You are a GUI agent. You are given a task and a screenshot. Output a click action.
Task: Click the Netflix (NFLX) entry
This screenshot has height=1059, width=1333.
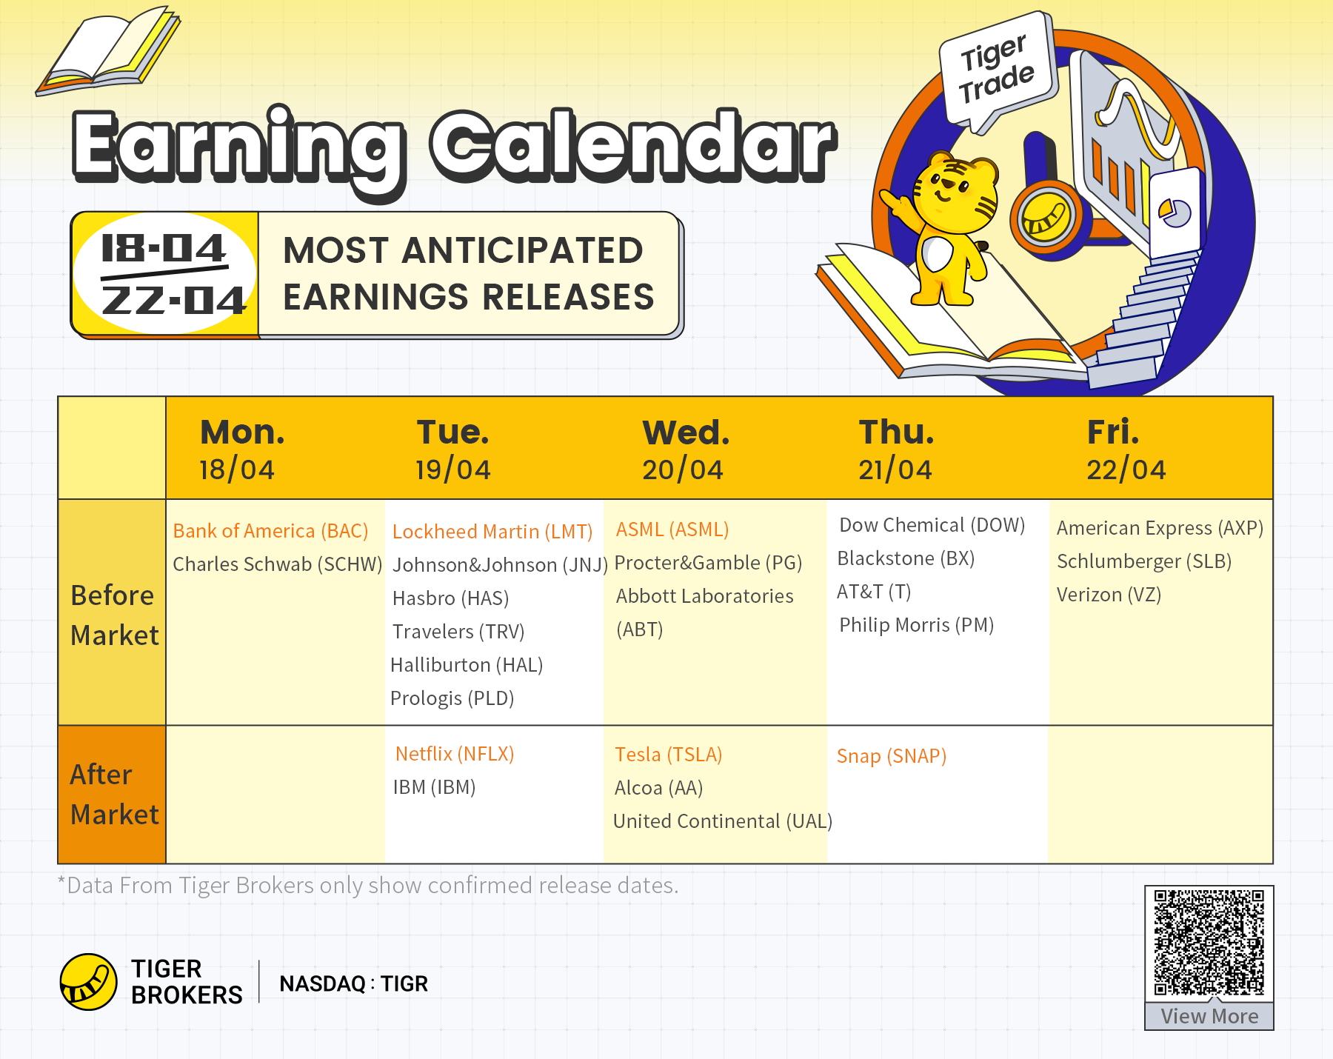pyautogui.click(x=455, y=754)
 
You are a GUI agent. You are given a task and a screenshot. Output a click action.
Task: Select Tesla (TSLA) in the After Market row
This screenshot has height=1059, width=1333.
pyautogui.click(x=668, y=755)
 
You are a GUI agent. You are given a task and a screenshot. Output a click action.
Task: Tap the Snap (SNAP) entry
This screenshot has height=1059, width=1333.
pyautogui.click(x=892, y=756)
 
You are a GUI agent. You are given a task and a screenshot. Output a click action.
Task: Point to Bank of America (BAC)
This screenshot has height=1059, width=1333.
pyautogui.click(x=270, y=531)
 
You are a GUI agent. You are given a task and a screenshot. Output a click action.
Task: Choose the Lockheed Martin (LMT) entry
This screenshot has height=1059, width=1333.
pyautogui.click(x=492, y=532)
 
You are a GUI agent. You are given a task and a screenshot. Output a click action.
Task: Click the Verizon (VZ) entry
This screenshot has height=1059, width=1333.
pyautogui.click(x=1109, y=595)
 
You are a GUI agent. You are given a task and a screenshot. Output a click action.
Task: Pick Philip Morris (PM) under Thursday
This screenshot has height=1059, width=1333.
pyautogui.click(x=916, y=625)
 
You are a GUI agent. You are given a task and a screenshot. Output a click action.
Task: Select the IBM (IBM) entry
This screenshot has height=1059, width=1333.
pyautogui.click(x=434, y=787)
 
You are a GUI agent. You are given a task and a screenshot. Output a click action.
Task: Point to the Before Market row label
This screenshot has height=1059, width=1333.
pyautogui.click(x=114, y=615)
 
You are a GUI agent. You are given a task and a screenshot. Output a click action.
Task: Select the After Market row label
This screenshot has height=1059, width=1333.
pyautogui.click(x=114, y=795)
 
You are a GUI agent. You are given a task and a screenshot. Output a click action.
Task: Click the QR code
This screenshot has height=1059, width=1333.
pyautogui.click(x=1209, y=943)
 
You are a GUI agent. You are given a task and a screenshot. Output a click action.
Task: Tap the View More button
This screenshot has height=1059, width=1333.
pyautogui.click(x=1209, y=1016)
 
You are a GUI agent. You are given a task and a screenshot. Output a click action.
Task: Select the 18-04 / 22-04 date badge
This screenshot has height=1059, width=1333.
pyautogui.click(x=164, y=274)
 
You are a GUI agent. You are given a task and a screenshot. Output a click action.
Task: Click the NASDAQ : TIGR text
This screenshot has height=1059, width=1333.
pyautogui.click(x=353, y=983)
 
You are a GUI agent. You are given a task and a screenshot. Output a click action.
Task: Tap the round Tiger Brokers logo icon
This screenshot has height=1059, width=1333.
pyautogui.click(x=88, y=982)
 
